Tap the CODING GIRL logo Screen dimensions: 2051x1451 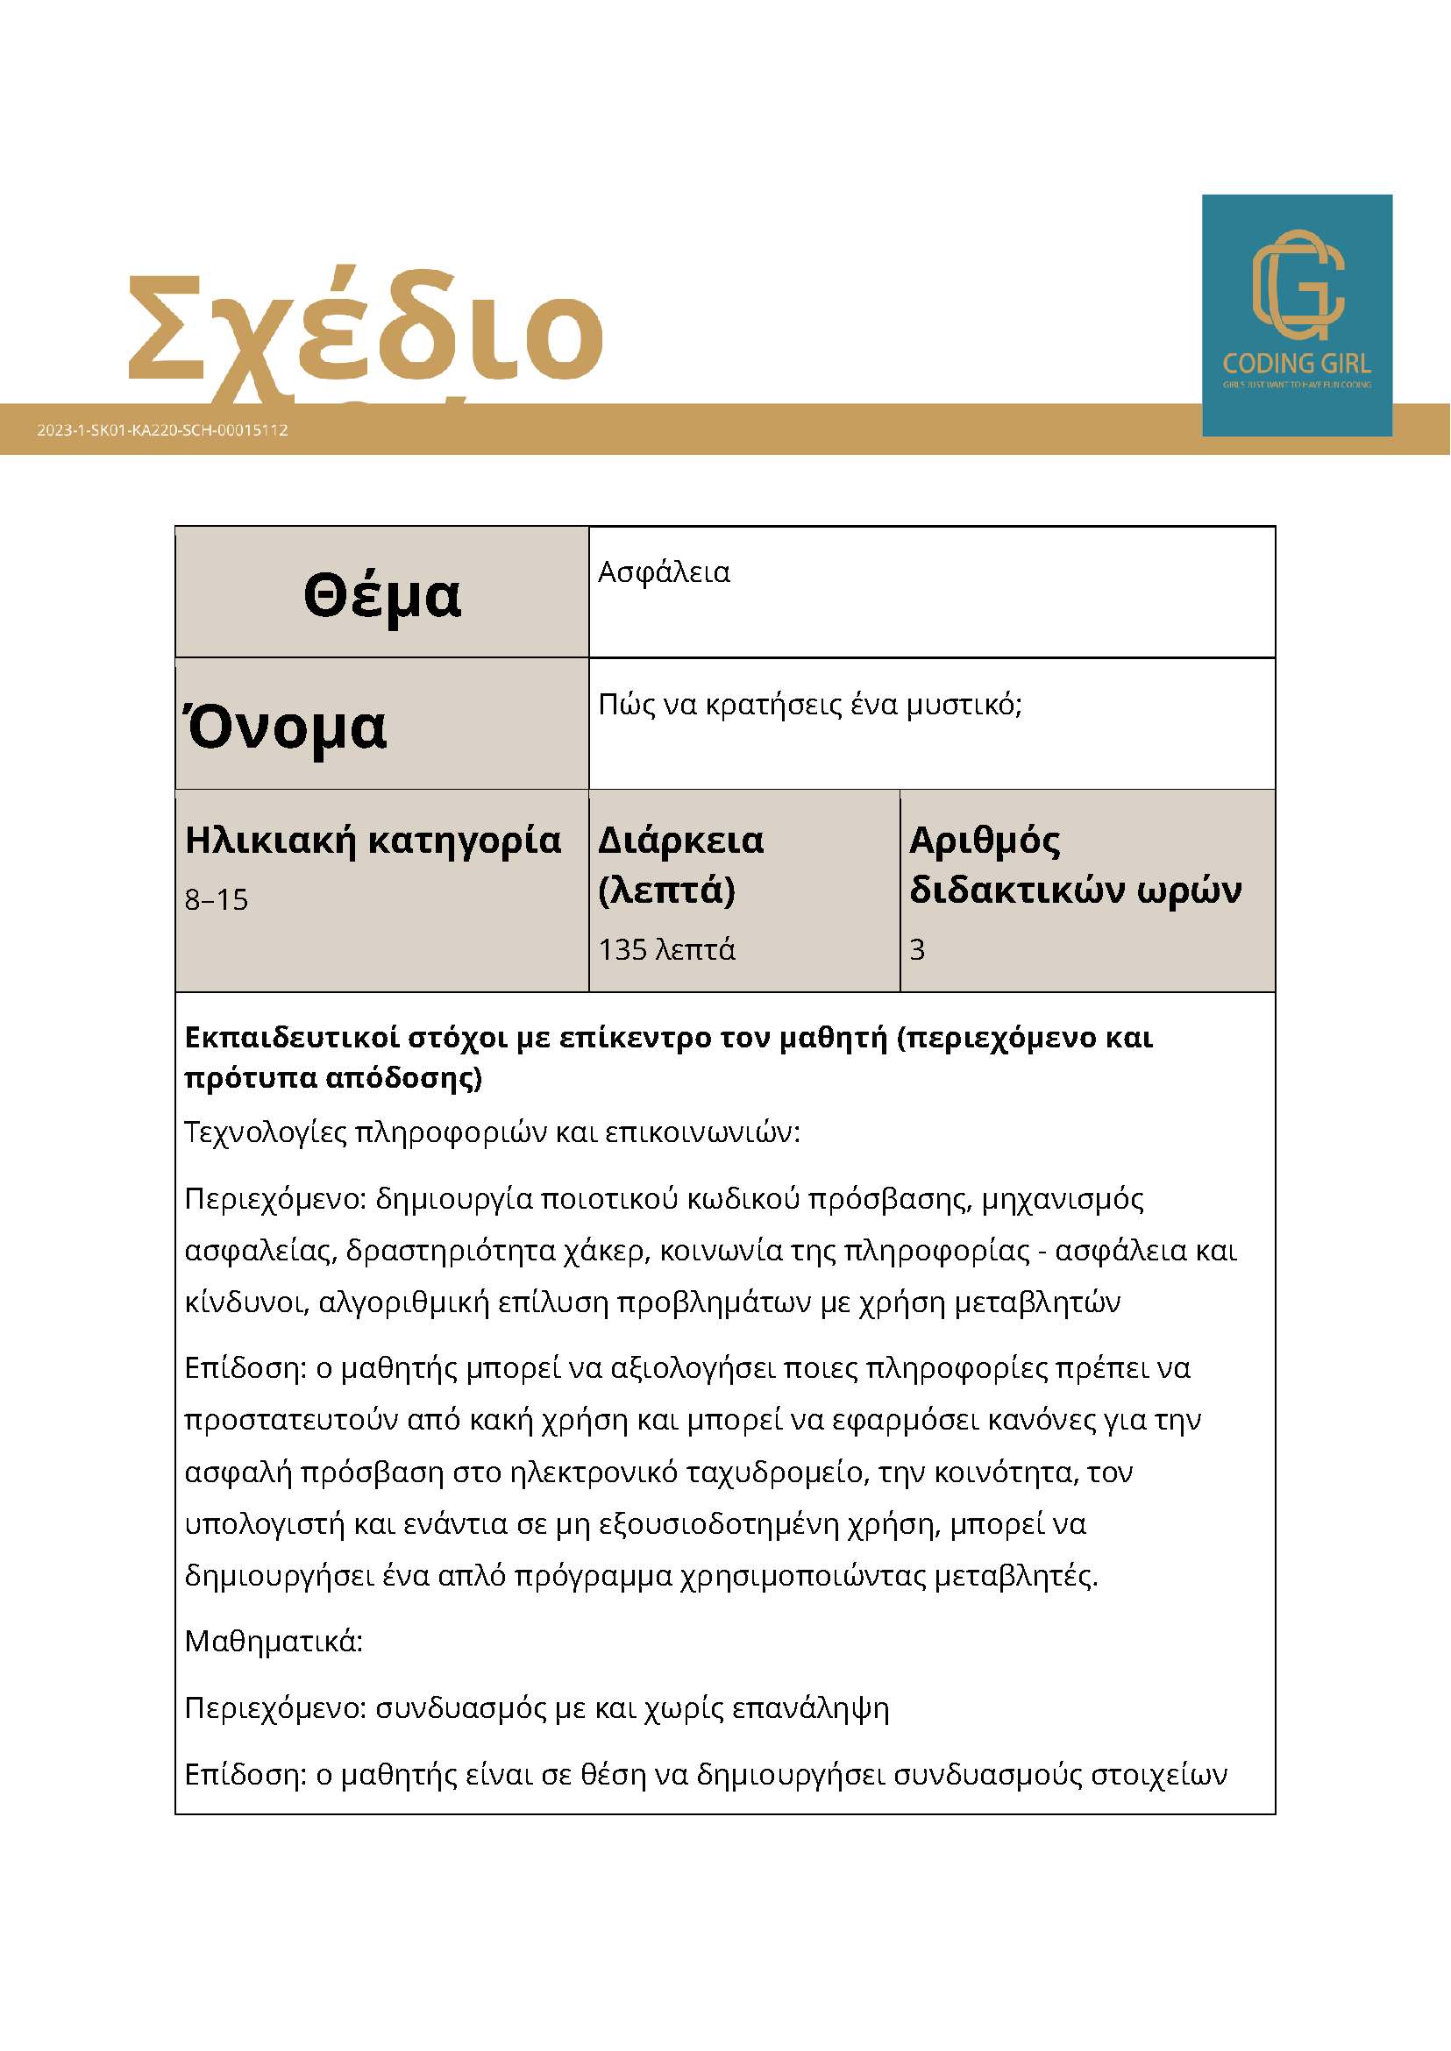1297,315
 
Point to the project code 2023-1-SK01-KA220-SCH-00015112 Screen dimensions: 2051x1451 162,429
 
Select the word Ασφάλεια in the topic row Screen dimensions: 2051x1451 664,572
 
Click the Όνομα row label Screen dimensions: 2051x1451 286,727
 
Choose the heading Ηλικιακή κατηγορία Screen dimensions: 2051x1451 373,841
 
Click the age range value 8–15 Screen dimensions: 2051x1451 217,899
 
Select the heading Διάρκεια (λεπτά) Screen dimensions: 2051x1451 680,865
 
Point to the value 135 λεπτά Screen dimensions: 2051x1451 666,949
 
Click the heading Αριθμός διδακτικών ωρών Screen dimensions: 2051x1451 1075,865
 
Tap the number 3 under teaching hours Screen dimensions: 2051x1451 918,949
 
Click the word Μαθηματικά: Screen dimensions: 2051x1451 274,1642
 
